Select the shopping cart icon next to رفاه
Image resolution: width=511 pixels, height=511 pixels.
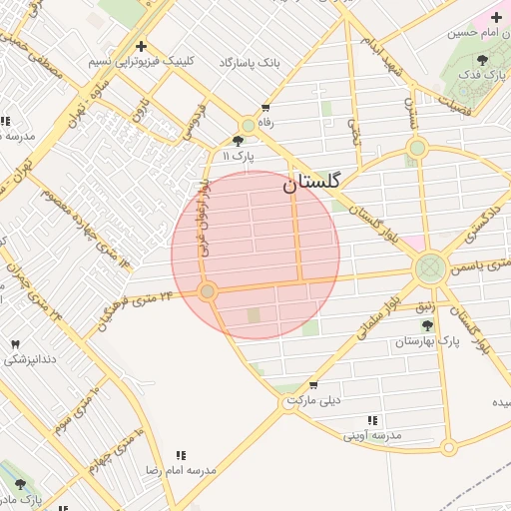[265, 107]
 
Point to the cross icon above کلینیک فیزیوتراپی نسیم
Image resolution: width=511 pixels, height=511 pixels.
[141, 46]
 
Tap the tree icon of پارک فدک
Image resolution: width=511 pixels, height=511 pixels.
[482, 61]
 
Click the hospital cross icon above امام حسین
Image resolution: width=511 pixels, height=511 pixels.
[496, 17]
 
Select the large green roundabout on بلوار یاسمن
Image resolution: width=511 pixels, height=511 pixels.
[430, 267]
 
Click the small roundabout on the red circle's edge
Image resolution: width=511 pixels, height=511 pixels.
[208, 291]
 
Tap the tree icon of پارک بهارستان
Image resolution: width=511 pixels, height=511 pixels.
[427, 326]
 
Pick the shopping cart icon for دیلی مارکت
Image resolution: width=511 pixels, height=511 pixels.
[314, 385]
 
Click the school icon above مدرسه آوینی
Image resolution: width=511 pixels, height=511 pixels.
[372, 421]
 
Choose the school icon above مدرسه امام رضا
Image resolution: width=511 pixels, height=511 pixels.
[181, 455]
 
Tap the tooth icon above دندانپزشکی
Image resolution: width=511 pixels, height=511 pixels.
[15, 344]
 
